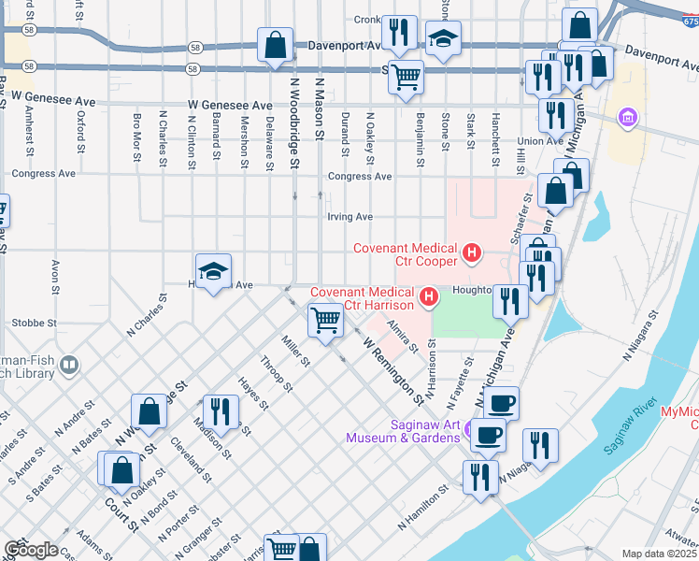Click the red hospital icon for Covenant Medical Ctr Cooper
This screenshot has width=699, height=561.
coord(473,252)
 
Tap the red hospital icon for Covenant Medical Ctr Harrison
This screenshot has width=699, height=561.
coord(429,298)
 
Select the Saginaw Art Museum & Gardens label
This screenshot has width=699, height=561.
coord(403,431)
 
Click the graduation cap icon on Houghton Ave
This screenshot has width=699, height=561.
coord(214,271)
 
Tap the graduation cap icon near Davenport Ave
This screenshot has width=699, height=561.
coord(444,38)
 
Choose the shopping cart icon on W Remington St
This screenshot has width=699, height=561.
coord(325,320)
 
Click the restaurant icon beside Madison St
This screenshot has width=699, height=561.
coord(221,410)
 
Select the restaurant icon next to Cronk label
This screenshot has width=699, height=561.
coord(401,33)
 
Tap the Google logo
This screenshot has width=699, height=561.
coord(30,550)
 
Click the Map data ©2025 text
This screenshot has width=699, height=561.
coord(659,554)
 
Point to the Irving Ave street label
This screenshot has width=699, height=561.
coord(350,217)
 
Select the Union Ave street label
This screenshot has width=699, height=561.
coord(541,141)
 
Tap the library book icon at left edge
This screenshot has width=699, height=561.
coord(68,364)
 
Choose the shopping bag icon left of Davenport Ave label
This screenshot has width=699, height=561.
coord(276,45)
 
